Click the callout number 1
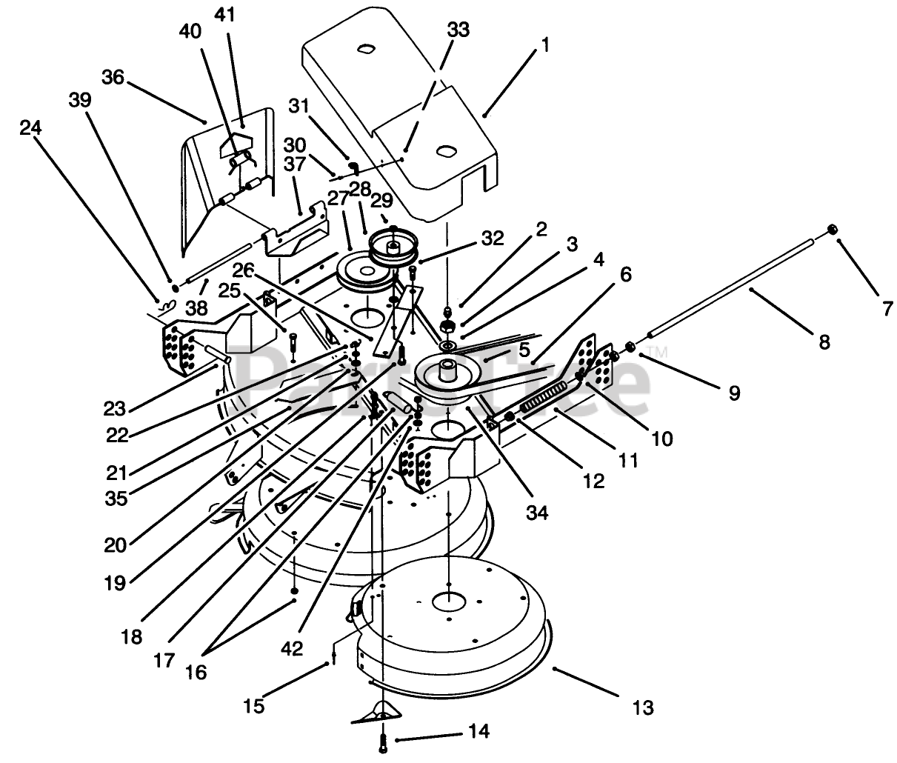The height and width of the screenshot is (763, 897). (x=545, y=44)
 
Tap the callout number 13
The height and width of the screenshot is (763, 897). (x=643, y=708)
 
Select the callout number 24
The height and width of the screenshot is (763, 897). (x=31, y=128)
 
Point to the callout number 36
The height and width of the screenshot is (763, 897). (x=113, y=77)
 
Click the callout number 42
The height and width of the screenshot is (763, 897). (x=292, y=649)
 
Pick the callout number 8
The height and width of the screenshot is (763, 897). (x=824, y=342)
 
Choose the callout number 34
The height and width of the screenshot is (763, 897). (x=537, y=513)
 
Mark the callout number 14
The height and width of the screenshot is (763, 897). (x=479, y=731)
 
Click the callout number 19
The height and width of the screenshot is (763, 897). (x=115, y=583)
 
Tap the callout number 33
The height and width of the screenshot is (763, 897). (x=458, y=30)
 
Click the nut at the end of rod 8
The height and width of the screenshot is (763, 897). (x=832, y=230)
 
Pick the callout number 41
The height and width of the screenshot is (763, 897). (x=224, y=16)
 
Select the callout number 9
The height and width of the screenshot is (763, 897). (x=734, y=393)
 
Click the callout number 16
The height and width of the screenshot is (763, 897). (x=196, y=673)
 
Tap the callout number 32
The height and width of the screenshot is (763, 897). (x=493, y=239)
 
